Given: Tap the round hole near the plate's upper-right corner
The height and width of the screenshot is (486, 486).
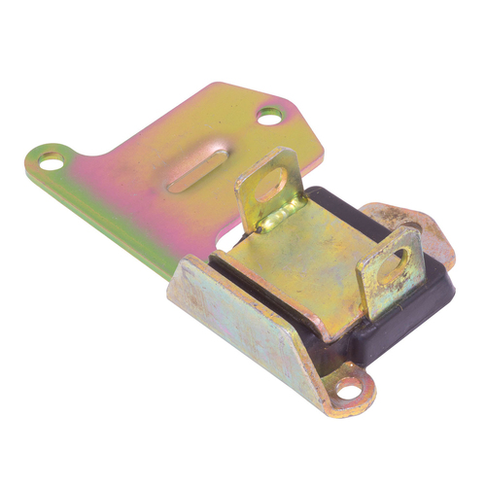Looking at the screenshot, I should [268, 119].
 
